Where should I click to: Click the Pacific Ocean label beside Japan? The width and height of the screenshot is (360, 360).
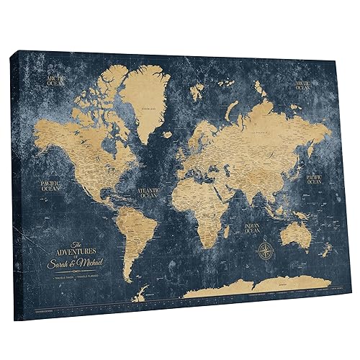(315, 178)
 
